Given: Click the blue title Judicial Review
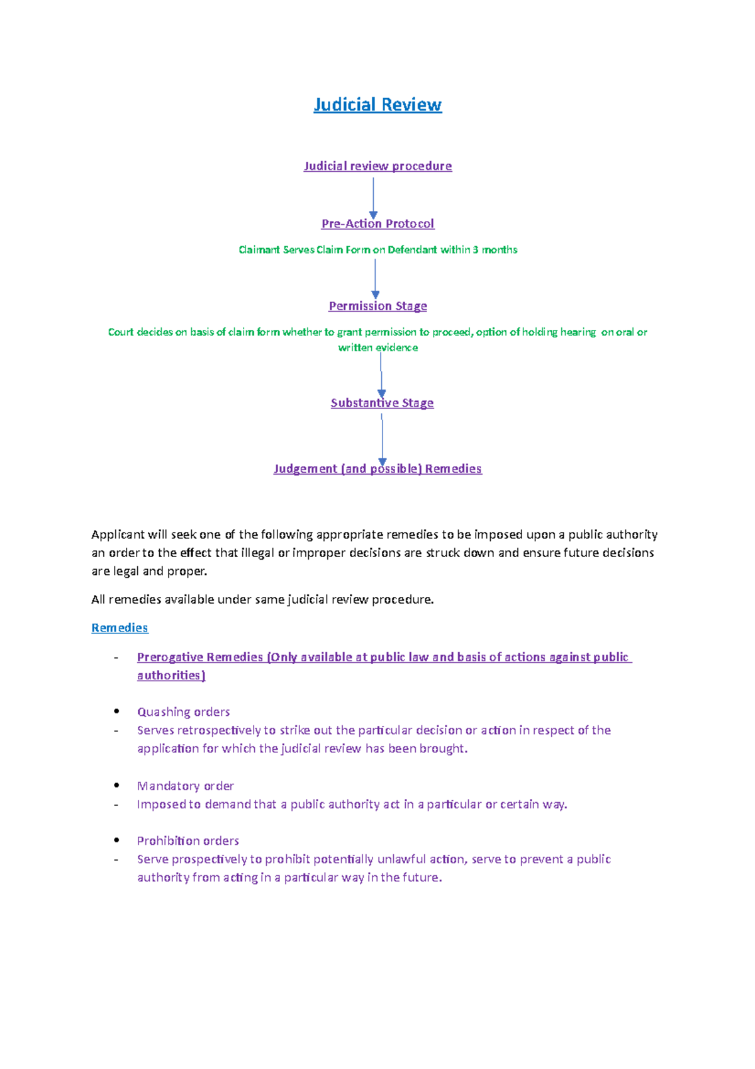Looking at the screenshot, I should (x=377, y=105).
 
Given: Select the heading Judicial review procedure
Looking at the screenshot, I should (x=377, y=166).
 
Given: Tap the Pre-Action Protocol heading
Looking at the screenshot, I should (x=377, y=224).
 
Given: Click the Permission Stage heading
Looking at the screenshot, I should (x=377, y=307).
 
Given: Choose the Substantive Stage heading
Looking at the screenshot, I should (x=382, y=404).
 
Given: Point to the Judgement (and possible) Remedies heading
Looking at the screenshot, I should (x=377, y=469).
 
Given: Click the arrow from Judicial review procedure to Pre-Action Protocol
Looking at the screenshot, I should (x=373, y=196).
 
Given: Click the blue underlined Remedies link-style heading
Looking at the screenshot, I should (x=120, y=628).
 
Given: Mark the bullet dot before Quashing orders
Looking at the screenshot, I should (x=116, y=711).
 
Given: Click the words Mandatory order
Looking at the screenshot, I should (x=185, y=786).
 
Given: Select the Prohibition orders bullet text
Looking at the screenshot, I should (x=187, y=841).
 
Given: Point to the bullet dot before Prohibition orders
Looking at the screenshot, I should (x=116, y=840).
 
